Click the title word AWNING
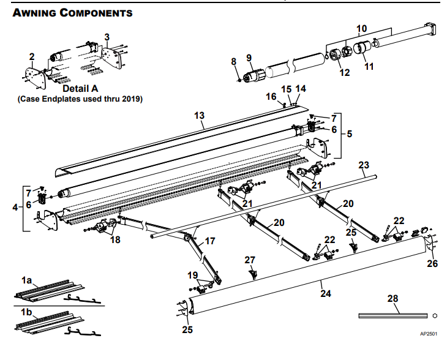(36, 13)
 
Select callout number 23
(364, 165)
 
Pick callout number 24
(326, 293)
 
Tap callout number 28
(393, 298)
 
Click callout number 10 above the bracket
(362, 28)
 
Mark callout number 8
(233, 61)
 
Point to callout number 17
(209, 241)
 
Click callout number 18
(115, 240)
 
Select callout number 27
(249, 260)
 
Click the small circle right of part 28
(434, 316)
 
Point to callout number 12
(344, 72)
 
